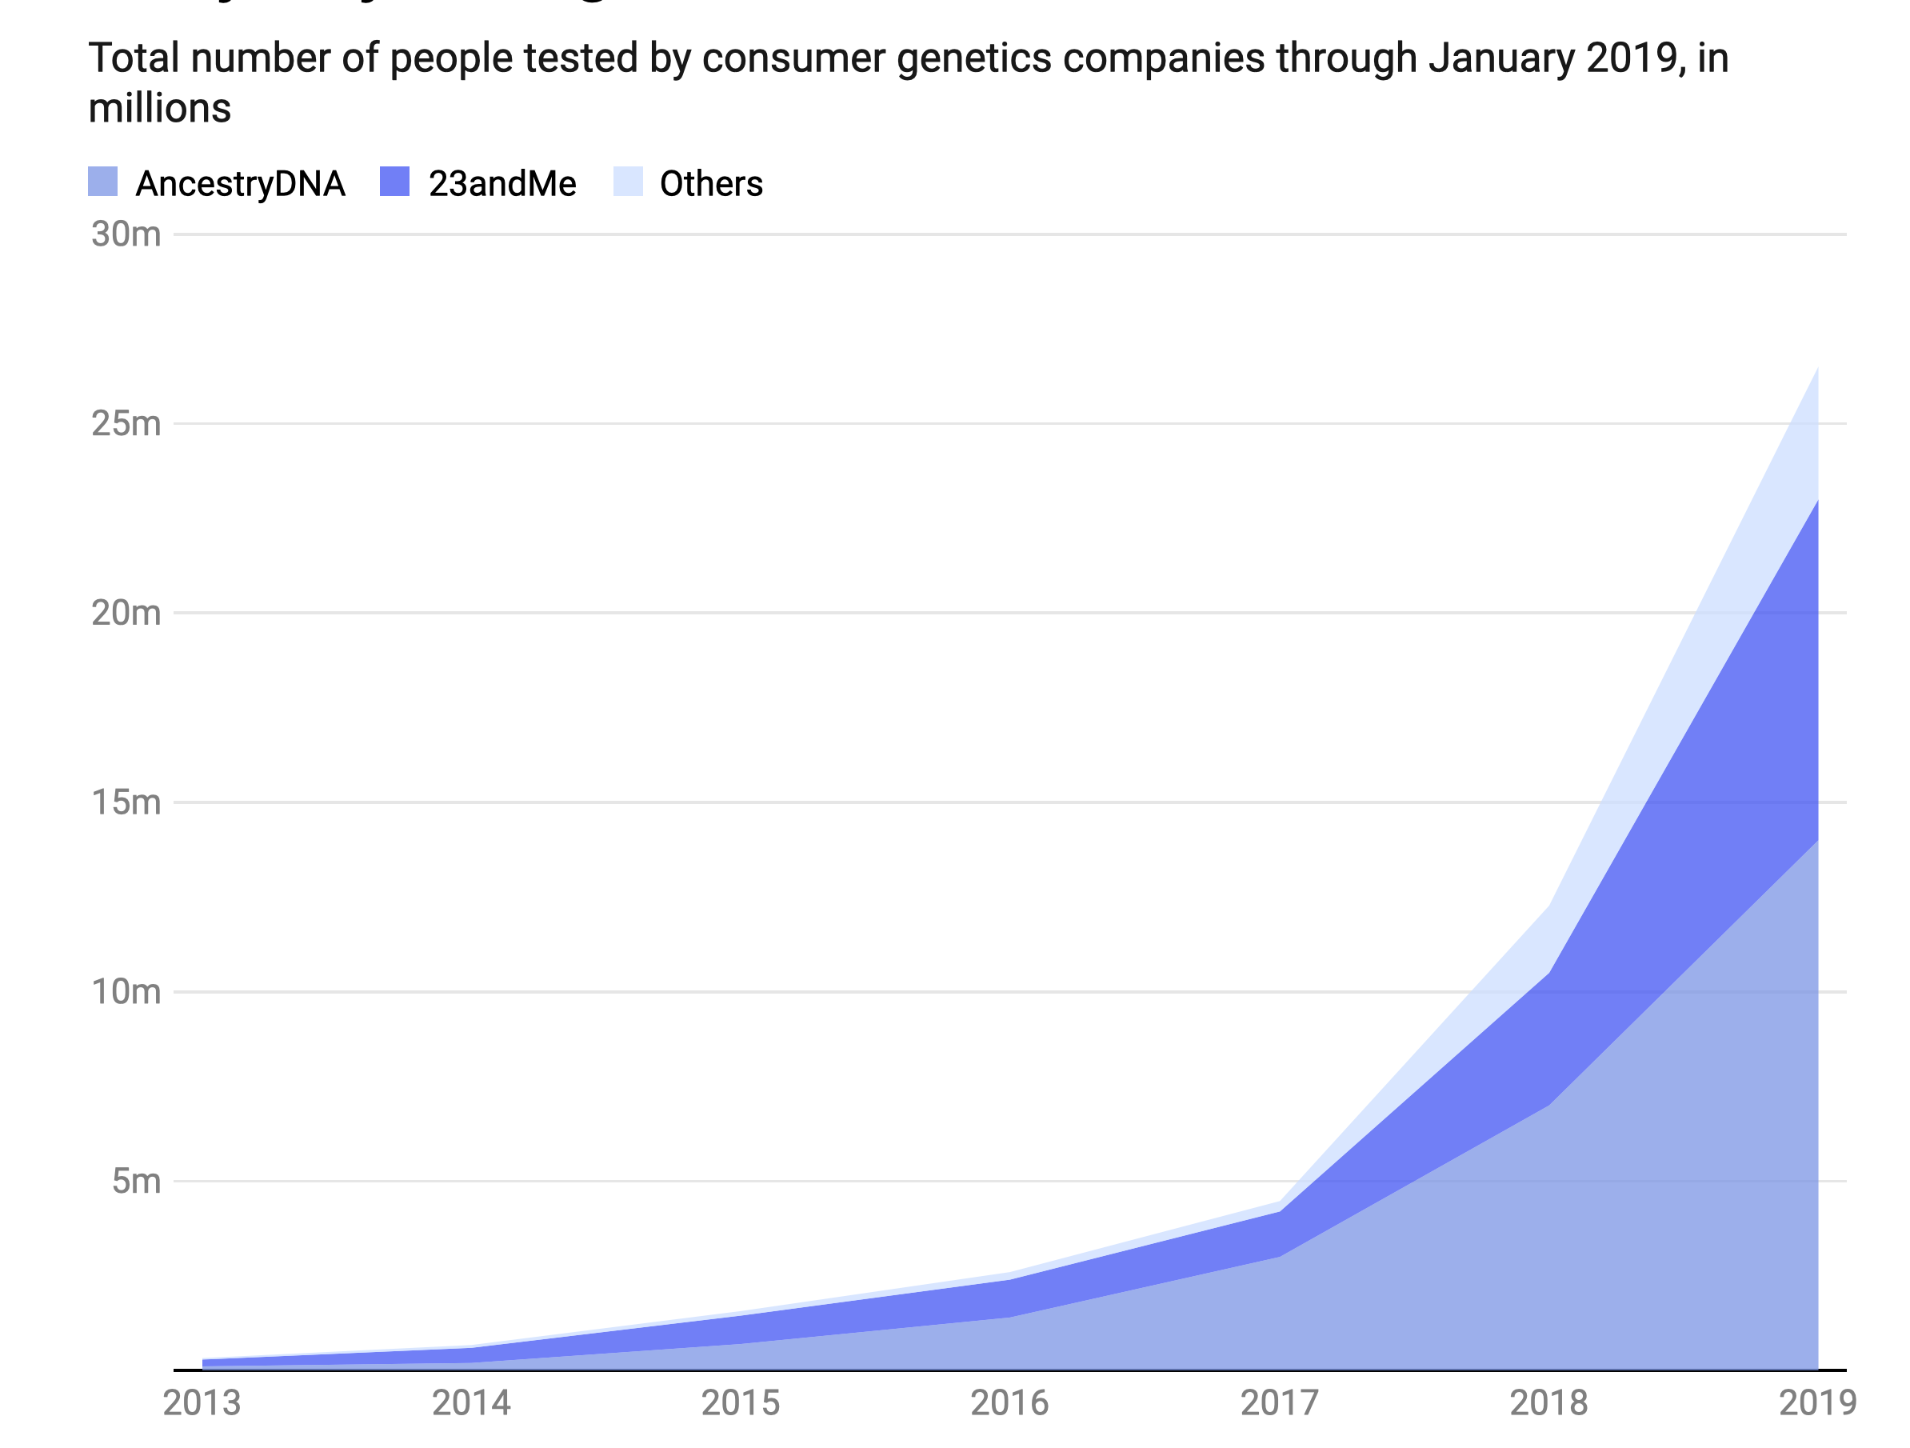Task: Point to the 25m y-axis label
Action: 126,424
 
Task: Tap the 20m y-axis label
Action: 126,613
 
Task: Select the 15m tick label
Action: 126,802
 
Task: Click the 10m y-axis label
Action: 126,991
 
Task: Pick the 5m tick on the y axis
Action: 137,1180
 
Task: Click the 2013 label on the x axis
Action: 202,1402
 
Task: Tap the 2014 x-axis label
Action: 471,1402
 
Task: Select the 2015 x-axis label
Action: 741,1402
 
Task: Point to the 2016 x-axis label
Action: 1009,1402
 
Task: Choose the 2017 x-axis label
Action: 1280,1402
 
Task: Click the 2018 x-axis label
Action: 1548,1402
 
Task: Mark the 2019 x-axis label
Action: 1817,1402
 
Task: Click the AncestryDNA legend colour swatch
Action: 102,182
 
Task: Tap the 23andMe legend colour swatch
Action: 394,182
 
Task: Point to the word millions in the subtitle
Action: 160,109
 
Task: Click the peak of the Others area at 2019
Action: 1817,369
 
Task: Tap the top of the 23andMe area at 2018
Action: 1549,972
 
